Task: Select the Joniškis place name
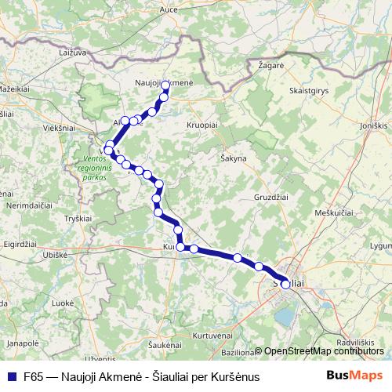[x=374, y=124]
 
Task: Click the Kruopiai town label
[x=202, y=124]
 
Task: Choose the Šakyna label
[x=234, y=158]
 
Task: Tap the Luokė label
[x=63, y=302]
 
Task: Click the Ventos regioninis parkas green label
[x=96, y=167]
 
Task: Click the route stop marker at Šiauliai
[x=285, y=285]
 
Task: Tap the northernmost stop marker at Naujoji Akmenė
[x=165, y=81]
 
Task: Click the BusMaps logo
[x=354, y=375]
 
